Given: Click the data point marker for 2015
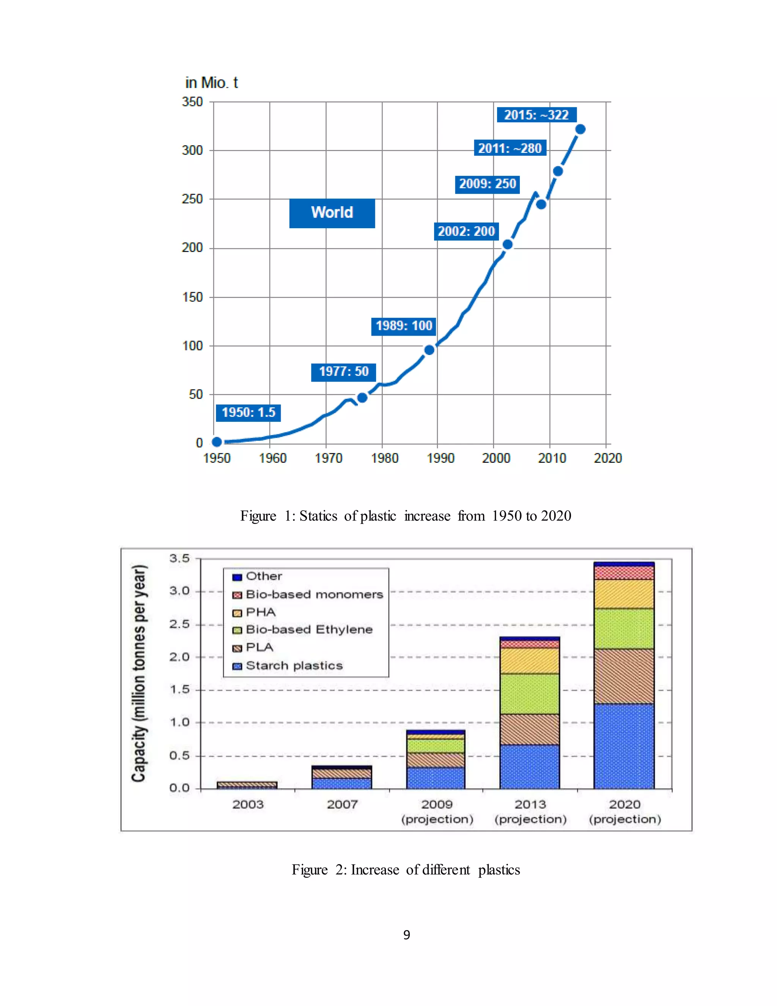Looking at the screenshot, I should point(580,129).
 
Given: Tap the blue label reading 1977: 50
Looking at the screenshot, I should point(343,372).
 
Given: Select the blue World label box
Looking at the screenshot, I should point(332,213).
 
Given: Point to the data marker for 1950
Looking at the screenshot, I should point(217,442).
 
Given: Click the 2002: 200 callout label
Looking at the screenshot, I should point(466,231).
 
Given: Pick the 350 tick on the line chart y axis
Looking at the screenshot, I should point(192,102).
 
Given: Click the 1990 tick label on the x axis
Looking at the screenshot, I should point(440,458).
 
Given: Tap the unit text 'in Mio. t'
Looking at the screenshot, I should point(211,83).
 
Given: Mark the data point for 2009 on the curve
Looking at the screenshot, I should point(541,204).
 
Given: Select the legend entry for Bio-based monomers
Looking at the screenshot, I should point(308,594).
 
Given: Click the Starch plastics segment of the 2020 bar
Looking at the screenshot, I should point(624,746).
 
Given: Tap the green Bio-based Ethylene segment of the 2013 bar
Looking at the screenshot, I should point(529,694).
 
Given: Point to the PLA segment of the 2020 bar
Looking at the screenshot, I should point(624,676).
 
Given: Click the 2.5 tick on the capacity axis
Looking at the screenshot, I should point(179,624).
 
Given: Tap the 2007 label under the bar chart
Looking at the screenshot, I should point(342,805).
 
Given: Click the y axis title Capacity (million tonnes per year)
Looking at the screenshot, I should point(139,673).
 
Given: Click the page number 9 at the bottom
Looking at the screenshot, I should point(406,935).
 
